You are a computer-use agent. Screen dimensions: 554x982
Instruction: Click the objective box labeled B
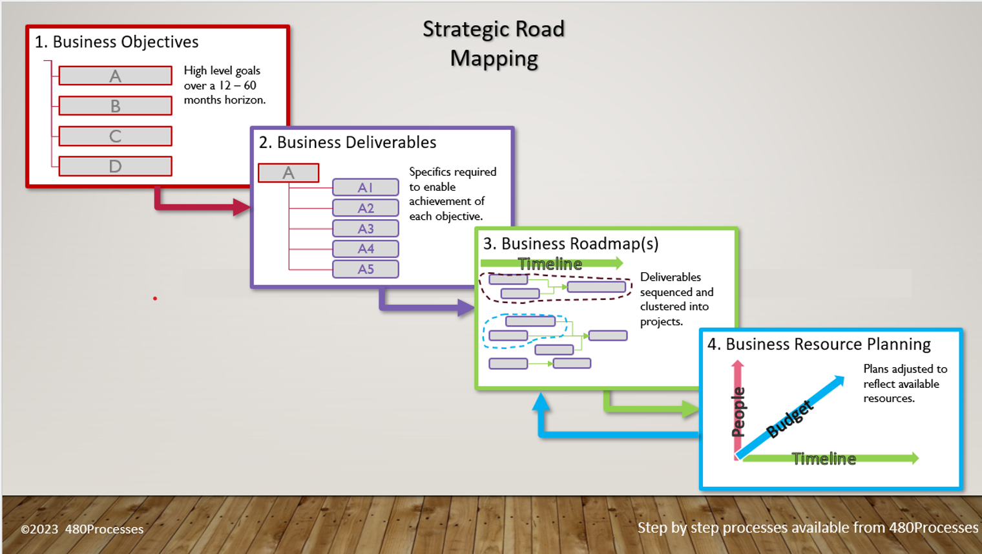point(115,106)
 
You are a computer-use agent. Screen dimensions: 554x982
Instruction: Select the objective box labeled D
point(115,166)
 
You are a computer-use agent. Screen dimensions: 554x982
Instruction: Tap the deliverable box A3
point(366,229)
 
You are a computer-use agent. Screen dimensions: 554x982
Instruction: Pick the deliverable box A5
point(366,269)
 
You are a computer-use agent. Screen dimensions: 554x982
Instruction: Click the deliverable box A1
point(366,187)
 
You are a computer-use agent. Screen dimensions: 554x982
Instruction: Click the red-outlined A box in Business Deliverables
point(288,173)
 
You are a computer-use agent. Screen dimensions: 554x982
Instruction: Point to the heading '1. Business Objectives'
point(116,42)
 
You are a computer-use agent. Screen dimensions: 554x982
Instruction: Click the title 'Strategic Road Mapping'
point(494,43)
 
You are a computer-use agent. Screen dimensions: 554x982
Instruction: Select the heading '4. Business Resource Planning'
point(819,344)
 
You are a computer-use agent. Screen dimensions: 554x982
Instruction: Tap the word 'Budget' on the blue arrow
point(789,419)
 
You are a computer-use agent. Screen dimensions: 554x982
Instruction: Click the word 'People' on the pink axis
point(738,412)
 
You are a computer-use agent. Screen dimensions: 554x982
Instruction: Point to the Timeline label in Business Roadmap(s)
point(550,264)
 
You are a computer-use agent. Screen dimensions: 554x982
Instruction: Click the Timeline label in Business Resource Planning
point(824,459)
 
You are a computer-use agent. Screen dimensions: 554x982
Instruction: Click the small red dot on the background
point(155,299)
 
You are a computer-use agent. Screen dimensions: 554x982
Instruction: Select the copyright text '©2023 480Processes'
point(82,529)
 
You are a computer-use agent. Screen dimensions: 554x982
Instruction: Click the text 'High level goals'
point(222,70)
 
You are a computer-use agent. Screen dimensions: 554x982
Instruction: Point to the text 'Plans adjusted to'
point(905,369)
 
